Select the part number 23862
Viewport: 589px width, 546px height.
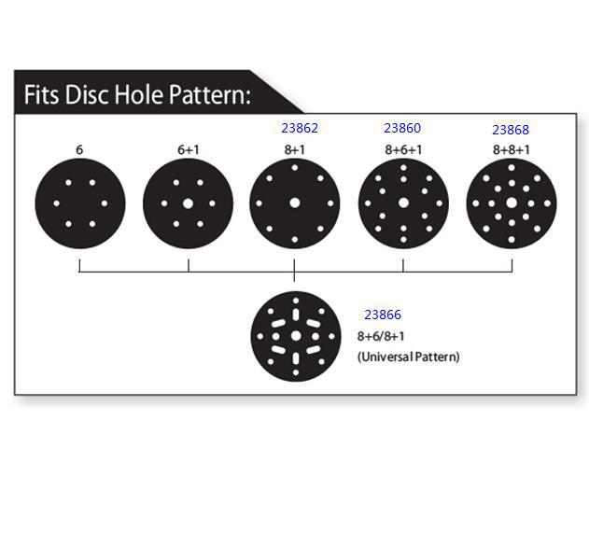click(300, 128)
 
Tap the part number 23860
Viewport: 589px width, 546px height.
click(402, 128)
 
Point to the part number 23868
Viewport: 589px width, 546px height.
click(511, 130)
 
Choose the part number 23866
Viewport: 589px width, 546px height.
click(383, 315)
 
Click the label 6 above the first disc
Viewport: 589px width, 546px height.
click(80, 149)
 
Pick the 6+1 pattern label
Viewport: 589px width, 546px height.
click(189, 149)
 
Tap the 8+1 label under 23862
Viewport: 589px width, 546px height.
click(295, 149)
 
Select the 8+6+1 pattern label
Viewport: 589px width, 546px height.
click(403, 149)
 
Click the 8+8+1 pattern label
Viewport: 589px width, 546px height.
click(512, 149)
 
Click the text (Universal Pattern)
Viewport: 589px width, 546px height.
click(408, 357)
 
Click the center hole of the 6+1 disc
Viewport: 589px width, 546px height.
click(188, 203)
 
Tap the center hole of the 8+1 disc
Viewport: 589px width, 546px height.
click(295, 203)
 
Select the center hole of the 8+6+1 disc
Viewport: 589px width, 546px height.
click(403, 203)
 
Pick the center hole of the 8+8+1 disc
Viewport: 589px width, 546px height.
click(512, 203)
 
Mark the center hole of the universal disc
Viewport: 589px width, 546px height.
click(296, 336)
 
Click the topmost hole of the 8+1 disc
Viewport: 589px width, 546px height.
click(295, 167)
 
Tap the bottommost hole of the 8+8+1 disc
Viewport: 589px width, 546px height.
click(512, 240)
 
